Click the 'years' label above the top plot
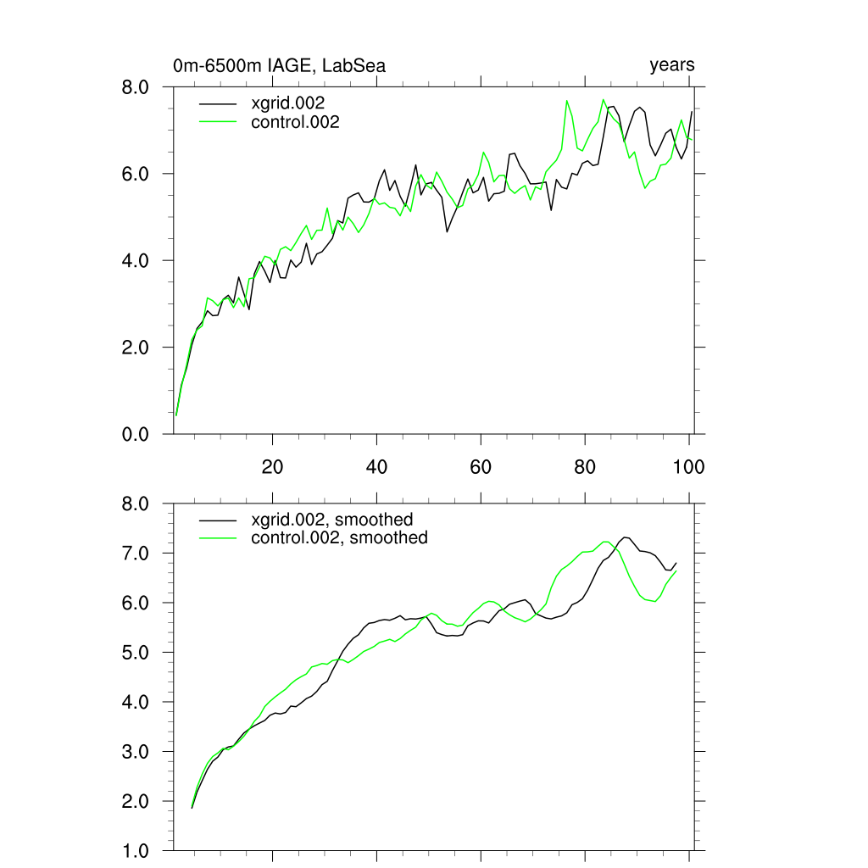(672, 65)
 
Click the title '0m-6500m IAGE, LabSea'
(280, 65)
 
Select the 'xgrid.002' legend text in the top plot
(289, 103)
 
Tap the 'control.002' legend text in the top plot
(296, 123)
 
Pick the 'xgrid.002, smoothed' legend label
(332, 520)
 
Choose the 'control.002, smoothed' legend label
(340, 537)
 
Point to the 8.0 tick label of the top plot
(137, 87)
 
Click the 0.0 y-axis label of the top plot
(137, 434)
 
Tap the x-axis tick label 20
(272, 466)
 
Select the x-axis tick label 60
(481, 466)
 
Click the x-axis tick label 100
(688, 466)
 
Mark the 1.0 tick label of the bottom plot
(137, 850)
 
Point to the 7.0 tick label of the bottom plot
(137, 554)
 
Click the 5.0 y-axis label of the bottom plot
(137, 653)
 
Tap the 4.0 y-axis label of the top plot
(137, 261)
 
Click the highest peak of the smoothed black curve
(626, 537)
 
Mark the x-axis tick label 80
(585, 466)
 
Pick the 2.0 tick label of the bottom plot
(137, 801)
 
